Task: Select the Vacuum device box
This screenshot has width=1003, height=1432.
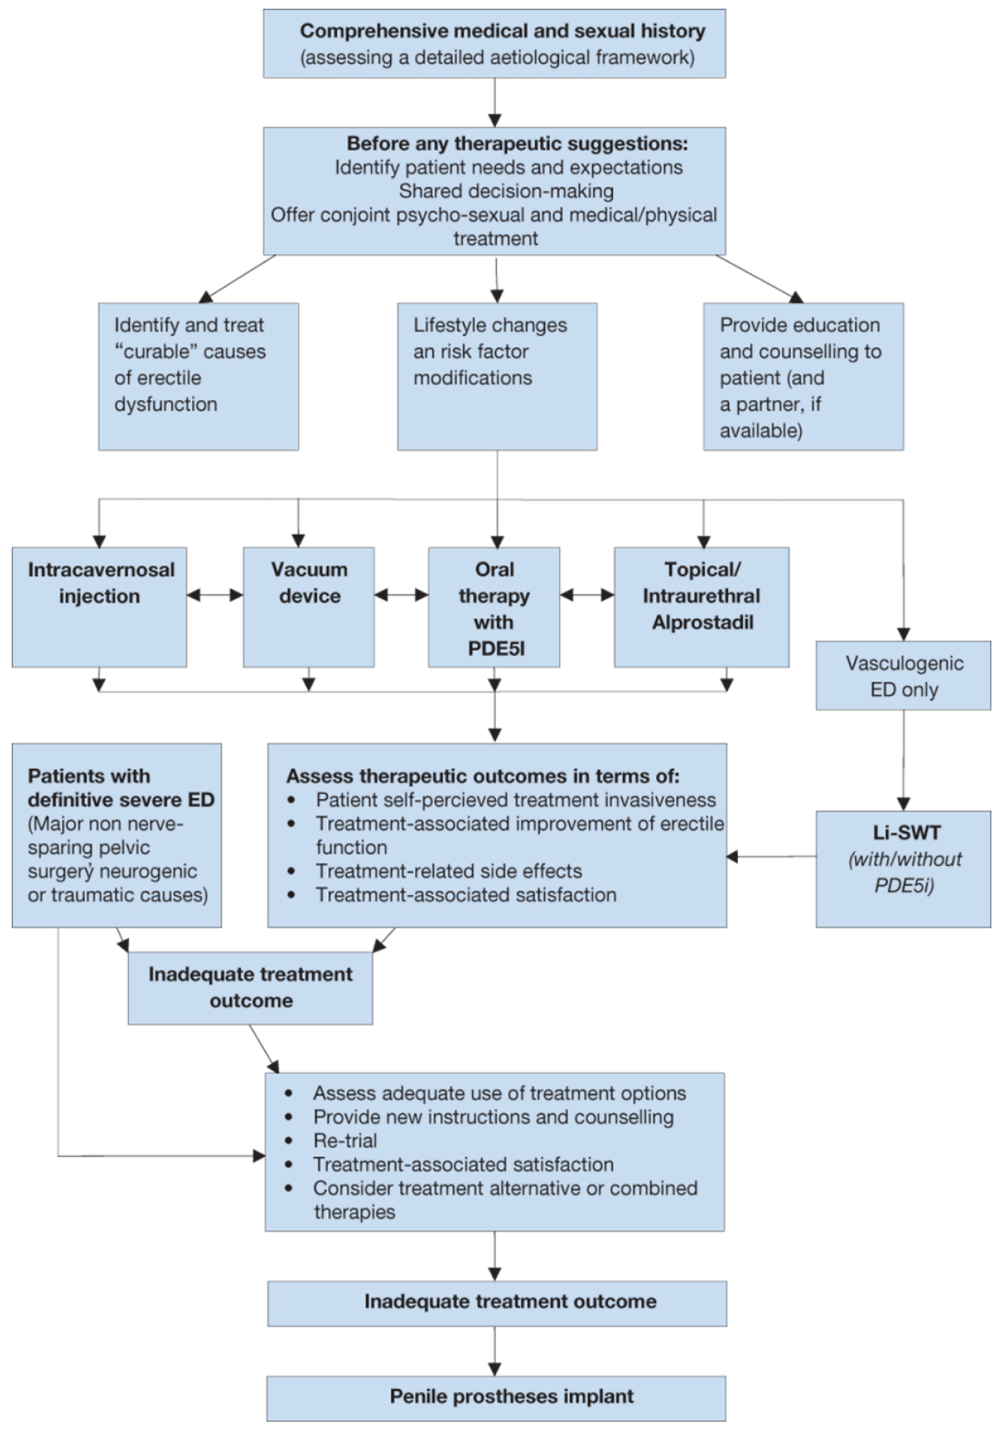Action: pos(308,606)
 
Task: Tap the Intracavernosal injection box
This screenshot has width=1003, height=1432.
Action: pos(99,606)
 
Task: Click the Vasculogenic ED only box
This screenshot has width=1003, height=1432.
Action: pos(903,675)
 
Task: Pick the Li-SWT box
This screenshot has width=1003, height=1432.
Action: pos(903,868)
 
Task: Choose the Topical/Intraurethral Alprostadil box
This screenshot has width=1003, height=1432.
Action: pos(702,606)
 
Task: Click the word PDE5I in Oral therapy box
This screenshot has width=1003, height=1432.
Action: pos(495,649)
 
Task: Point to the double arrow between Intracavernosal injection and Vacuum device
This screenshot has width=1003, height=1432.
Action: pos(215,595)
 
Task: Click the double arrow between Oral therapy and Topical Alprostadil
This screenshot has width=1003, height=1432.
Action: pos(587,595)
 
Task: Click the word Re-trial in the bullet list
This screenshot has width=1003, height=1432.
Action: pos(345,1140)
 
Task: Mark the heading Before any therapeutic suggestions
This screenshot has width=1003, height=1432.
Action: pos(517,143)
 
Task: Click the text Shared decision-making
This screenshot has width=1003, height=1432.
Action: pos(506,191)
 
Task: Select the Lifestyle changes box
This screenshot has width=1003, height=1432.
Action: pos(497,376)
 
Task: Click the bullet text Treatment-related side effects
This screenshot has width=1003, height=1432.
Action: pos(448,871)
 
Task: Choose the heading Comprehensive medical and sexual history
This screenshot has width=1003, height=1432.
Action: pos(502,31)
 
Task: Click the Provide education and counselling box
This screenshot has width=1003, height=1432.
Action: pos(803,376)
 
